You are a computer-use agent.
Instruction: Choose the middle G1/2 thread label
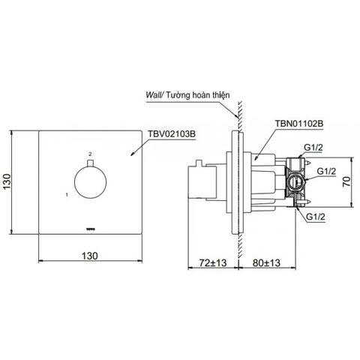tap(325, 172)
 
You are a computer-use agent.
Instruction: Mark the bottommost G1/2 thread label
tap(315, 217)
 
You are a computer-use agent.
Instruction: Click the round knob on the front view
tap(90, 182)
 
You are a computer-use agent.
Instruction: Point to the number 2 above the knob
tap(90, 154)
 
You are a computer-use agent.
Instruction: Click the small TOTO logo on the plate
tap(90, 222)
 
